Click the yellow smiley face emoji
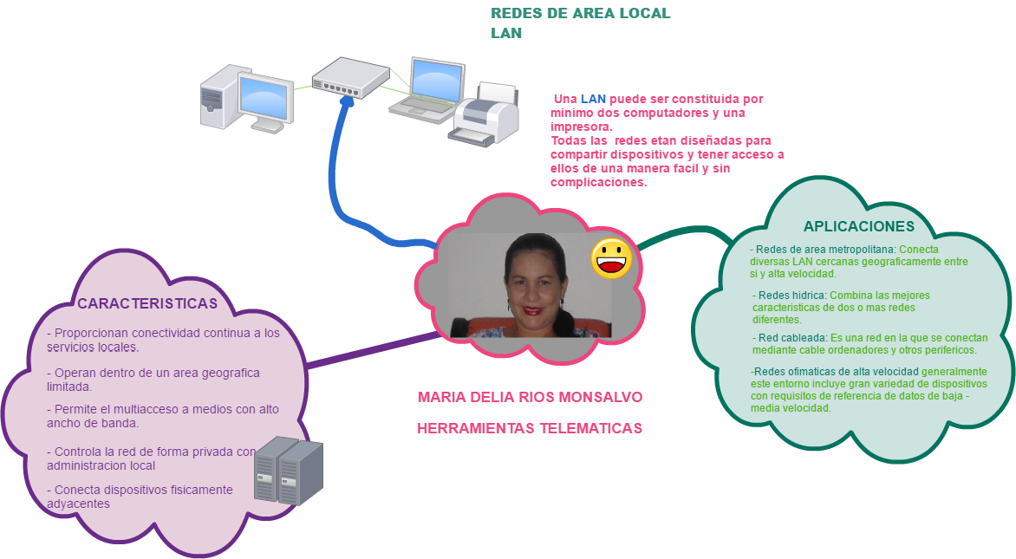point(612,258)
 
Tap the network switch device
point(350,76)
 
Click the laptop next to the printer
point(430,88)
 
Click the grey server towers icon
point(289,471)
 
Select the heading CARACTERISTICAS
point(147,304)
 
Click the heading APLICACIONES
point(858,226)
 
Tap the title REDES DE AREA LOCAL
point(580,14)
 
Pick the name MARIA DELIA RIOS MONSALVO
point(530,398)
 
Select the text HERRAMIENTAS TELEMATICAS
point(530,428)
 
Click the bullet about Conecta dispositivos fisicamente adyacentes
point(139,496)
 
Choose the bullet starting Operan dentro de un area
point(153,379)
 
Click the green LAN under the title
point(506,34)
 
